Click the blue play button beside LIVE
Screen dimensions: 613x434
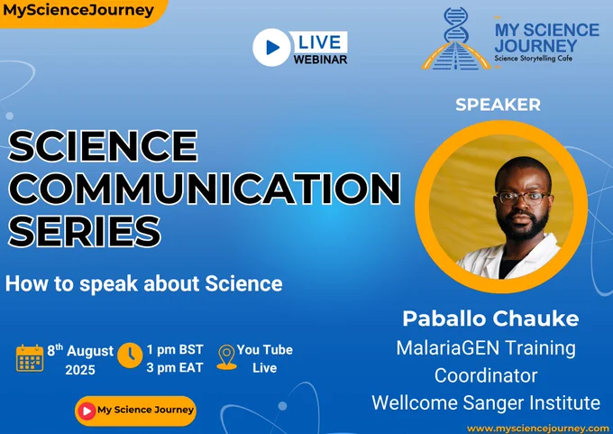[272, 47]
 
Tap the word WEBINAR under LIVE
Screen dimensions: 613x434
[320, 60]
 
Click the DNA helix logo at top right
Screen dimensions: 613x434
[456, 39]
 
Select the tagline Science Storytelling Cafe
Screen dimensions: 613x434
[534, 59]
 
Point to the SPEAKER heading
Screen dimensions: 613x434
[498, 105]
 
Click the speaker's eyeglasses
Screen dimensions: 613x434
[523, 198]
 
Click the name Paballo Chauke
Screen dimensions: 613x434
[490, 319]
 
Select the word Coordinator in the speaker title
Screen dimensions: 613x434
[486, 375]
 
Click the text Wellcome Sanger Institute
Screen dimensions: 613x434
[486, 402]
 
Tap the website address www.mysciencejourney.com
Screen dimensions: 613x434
[538, 429]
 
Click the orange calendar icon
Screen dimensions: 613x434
[30, 358]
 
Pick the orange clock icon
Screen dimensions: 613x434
[130, 356]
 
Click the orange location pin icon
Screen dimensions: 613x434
[226, 357]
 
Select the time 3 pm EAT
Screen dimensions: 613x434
[175, 368]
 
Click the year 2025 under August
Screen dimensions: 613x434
[80, 370]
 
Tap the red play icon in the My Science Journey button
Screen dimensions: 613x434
[87, 411]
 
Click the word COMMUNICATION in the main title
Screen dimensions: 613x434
[204, 189]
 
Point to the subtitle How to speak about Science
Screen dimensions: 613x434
[144, 283]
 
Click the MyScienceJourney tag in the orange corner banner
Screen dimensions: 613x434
[78, 10]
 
